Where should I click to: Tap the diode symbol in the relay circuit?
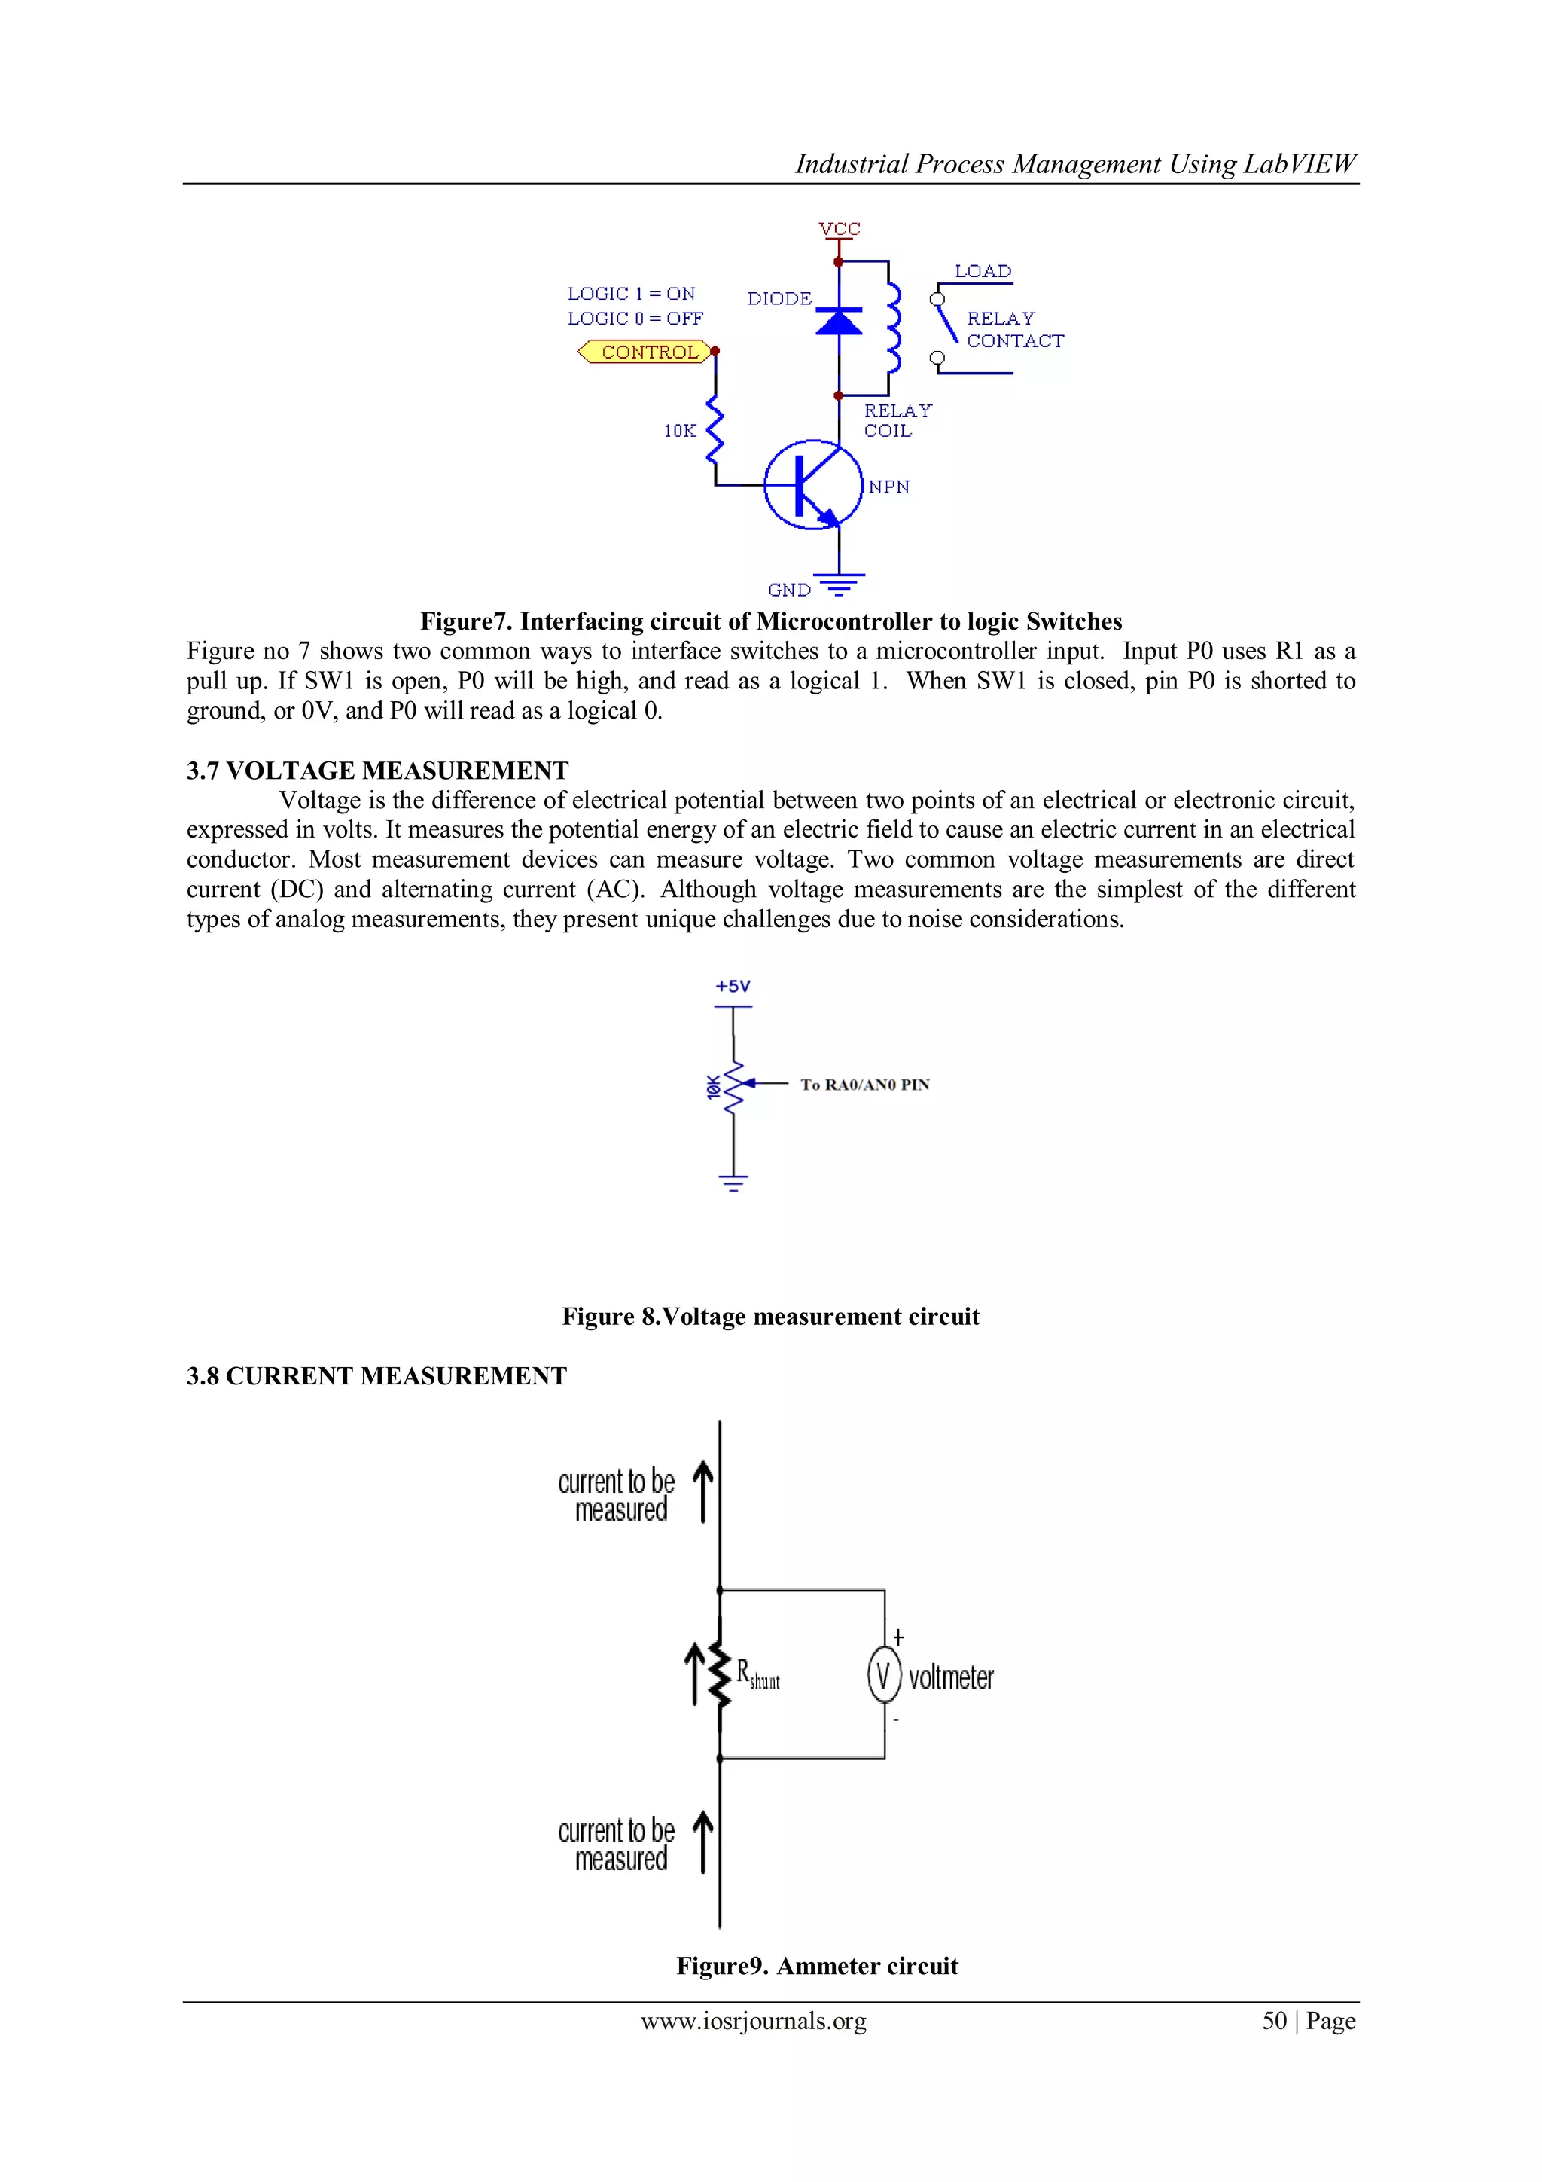tap(839, 321)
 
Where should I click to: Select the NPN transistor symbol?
tap(813, 484)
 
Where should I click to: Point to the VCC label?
tap(839, 229)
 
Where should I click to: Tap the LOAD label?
tap(983, 272)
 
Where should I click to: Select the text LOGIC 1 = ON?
tap(631, 294)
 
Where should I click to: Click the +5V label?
tap(733, 987)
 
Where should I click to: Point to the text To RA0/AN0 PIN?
tap(864, 1085)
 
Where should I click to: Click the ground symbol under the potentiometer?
tap(733, 1183)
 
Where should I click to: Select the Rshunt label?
tap(757, 1674)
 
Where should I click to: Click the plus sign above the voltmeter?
tap(897, 1637)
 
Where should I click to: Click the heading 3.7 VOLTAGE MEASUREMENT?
tap(377, 770)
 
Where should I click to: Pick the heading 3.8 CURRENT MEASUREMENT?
tap(376, 1375)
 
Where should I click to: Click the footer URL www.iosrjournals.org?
tap(754, 2021)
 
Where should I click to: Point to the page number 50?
tap(1274, 2021)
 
